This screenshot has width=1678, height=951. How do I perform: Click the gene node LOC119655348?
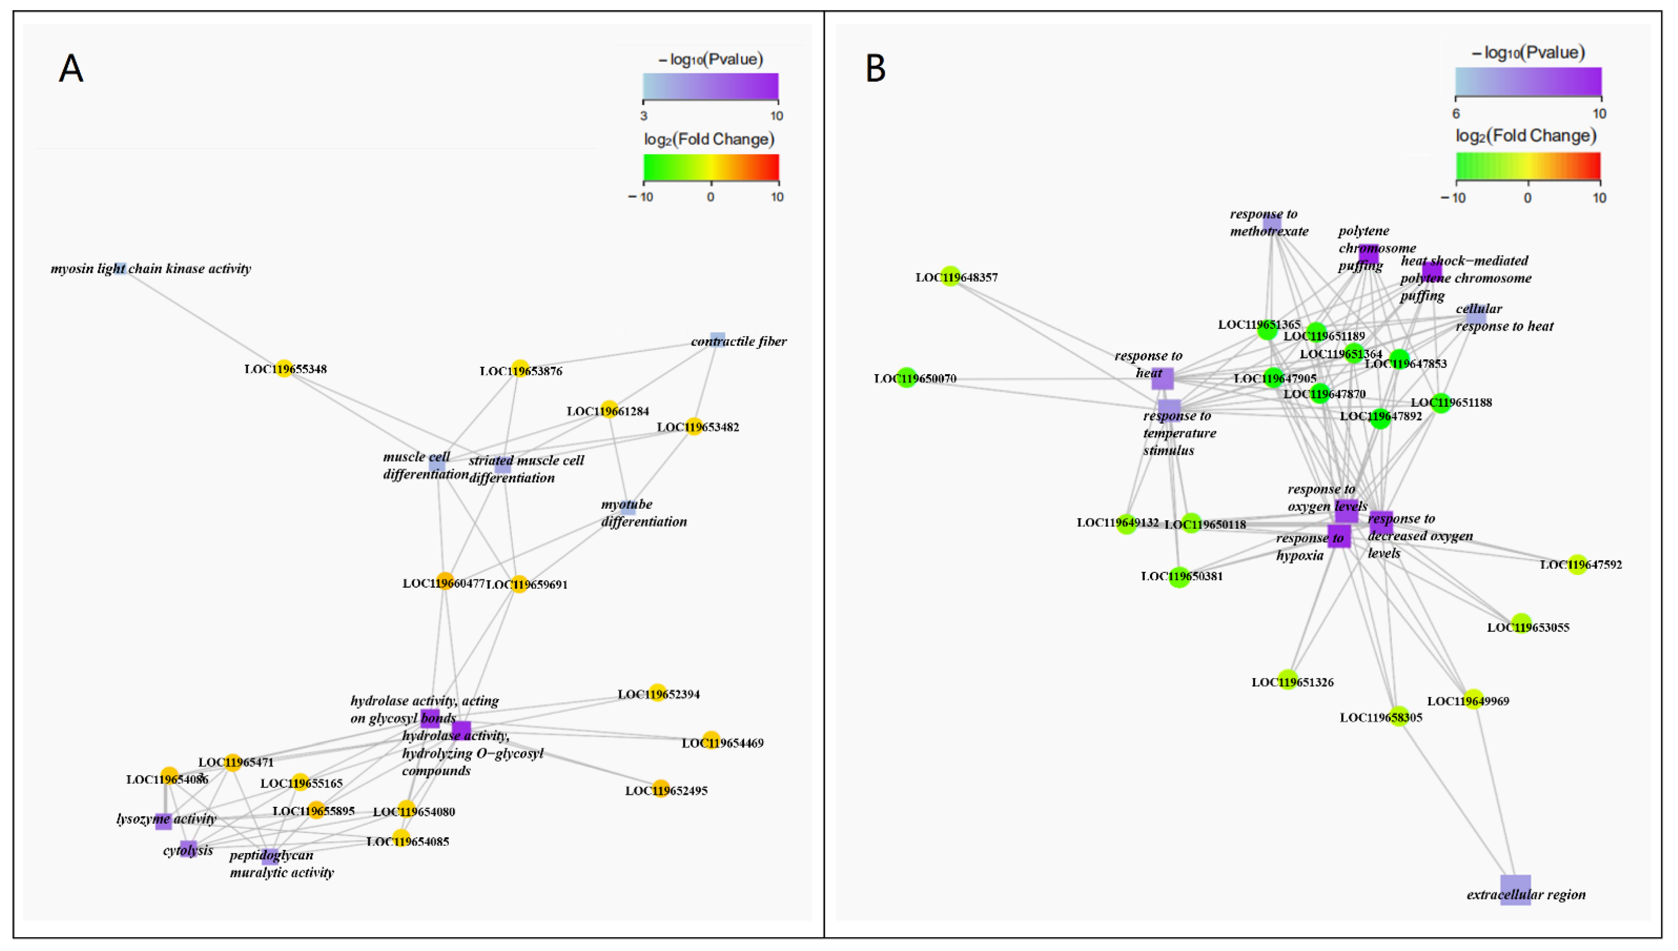(x=283, y=368)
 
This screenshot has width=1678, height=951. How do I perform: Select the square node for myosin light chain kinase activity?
(x=121, y=268)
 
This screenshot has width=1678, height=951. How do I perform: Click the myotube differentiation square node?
(x=628, y=506)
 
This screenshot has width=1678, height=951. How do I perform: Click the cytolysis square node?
(x=189, y=848)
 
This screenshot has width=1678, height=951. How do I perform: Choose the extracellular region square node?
(x=1515, y=890)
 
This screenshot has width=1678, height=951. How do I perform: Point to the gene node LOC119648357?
(x=951, y=276)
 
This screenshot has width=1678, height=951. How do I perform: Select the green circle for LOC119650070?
(x=906, y=378)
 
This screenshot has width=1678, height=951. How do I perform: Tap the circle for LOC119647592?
(x=1577, y=564)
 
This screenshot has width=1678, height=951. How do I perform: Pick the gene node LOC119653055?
(x=1521, y=623)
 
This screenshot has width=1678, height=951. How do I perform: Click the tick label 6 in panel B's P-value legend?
(x=1456, y=114)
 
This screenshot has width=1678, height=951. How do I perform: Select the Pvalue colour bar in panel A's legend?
(x=710, y=86)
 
